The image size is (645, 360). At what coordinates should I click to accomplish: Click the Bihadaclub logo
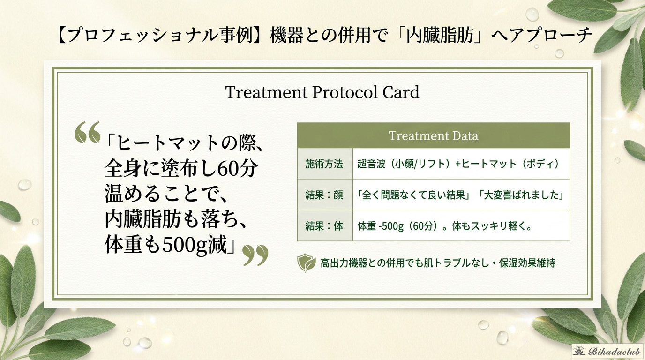point(607,352)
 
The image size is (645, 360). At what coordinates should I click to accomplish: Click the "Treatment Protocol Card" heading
point(322,92)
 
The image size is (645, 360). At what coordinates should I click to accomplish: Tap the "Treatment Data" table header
point(433,135)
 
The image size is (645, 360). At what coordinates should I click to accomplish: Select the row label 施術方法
point(324,164)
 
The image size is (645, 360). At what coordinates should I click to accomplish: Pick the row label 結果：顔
point(324,195)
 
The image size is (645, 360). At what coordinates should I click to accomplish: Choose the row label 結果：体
point(324,226)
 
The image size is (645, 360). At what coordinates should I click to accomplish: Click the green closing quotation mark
point(255,255)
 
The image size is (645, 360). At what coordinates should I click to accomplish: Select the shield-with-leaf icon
point(307,263)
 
